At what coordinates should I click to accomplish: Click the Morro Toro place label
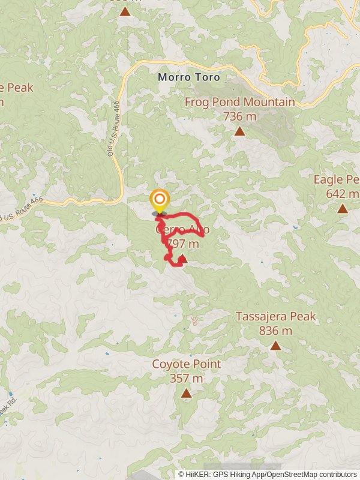tap(189, 77)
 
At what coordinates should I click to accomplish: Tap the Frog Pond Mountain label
tap(239, 102)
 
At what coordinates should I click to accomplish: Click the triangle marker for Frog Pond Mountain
tap(239, 131)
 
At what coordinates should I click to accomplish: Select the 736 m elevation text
tap(239, 116)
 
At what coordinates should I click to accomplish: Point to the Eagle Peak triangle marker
tap(342, 209)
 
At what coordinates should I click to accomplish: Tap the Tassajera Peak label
tap(275, 316)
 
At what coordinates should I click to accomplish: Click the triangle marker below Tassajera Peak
tap(275, 345)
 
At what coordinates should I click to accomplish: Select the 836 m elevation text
tap(275, 330)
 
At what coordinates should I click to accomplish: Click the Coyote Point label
tap(186, 364)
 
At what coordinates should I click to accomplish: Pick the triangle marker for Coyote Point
tap(186, 393)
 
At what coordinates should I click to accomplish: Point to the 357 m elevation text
tap(186, 379)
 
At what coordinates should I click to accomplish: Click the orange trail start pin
tap(159, 200)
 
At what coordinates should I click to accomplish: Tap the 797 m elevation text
tap(184, 244)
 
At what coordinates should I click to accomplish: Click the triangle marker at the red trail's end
tap(183, 259)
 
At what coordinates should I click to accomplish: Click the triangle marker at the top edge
tap(125, 11)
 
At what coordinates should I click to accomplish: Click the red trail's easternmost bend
tap(204, 235)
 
